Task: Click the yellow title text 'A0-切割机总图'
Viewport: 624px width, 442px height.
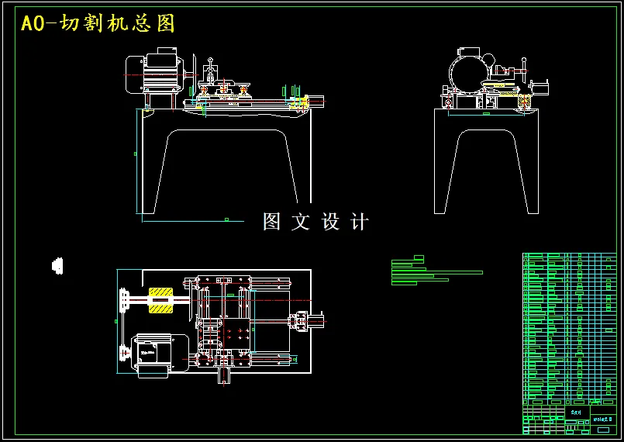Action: (98, 24)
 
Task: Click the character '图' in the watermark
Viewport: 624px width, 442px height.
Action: (271, 222)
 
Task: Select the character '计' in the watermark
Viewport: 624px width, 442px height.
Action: (360, 222)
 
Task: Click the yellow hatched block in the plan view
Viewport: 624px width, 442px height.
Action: (161, 300)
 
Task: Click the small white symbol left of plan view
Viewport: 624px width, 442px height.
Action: (57, 265)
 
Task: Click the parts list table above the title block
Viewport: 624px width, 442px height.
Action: (572, 326)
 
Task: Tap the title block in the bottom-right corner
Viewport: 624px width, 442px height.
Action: (572, 419)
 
